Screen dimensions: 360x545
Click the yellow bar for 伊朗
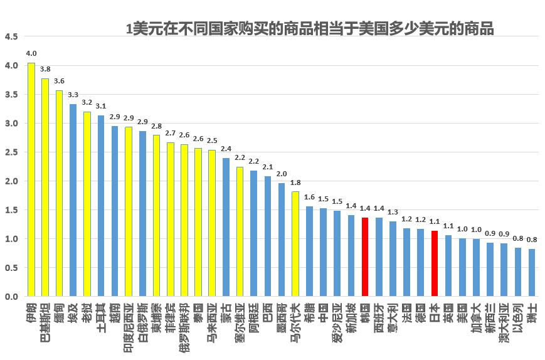click(31, 179)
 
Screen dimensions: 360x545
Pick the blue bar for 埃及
click(73, 200)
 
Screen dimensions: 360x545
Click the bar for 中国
click(323, 252)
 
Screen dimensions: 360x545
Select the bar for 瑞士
click(532, 273)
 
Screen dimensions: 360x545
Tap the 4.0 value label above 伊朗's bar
click(31, 54)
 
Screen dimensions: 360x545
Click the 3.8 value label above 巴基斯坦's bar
click(45, 70)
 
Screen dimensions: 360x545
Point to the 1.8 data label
click(295, 183)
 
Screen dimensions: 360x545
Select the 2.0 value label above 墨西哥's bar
click(282, 174)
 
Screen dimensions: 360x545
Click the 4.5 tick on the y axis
click(11, 36)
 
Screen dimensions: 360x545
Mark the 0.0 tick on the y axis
click(11, 297)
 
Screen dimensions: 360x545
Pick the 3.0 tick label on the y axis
click(11, 124)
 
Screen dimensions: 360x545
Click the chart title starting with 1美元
click(310, 29)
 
